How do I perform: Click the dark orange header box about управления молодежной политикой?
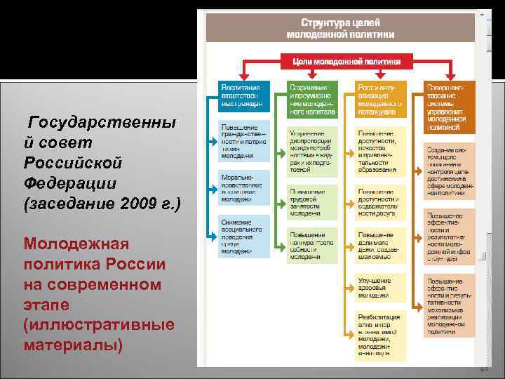click(448, 106)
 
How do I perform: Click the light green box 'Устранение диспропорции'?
click(311, 150)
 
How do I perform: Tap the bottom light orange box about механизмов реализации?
click(449, 305)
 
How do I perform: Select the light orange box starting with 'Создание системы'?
click(449, 169)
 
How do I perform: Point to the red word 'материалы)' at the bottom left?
click(74, 345)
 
